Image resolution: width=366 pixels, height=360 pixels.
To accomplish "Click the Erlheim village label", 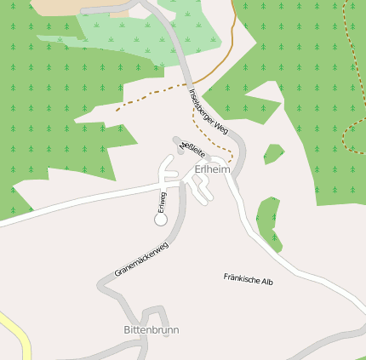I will [212, 169].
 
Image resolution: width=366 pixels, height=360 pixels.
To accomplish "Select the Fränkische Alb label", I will [248, 279].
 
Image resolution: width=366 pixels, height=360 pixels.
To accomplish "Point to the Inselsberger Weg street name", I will [209, 111].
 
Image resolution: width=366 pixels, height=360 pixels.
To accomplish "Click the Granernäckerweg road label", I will [142, 259].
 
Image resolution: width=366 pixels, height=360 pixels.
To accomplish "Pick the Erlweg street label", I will [163, 202].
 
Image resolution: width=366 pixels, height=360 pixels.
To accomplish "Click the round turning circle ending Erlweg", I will [160, 220].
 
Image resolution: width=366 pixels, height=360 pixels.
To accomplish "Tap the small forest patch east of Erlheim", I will [272, 154].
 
